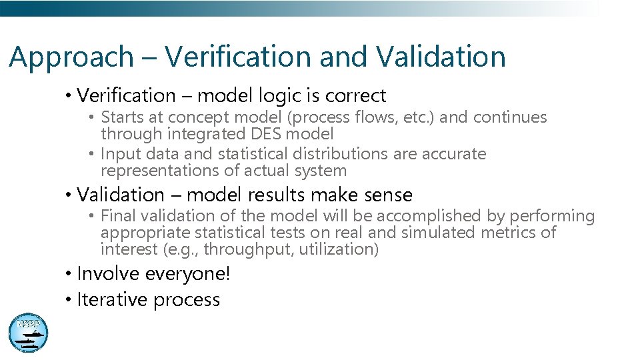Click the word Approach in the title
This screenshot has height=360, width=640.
click(71, 57)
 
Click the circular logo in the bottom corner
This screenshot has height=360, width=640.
click(29, 332)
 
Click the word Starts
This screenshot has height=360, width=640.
click(121, 117)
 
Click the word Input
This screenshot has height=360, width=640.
click(117, 153)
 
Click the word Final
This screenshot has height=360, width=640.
click(117, 215)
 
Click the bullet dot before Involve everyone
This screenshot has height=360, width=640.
click(69, 274)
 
